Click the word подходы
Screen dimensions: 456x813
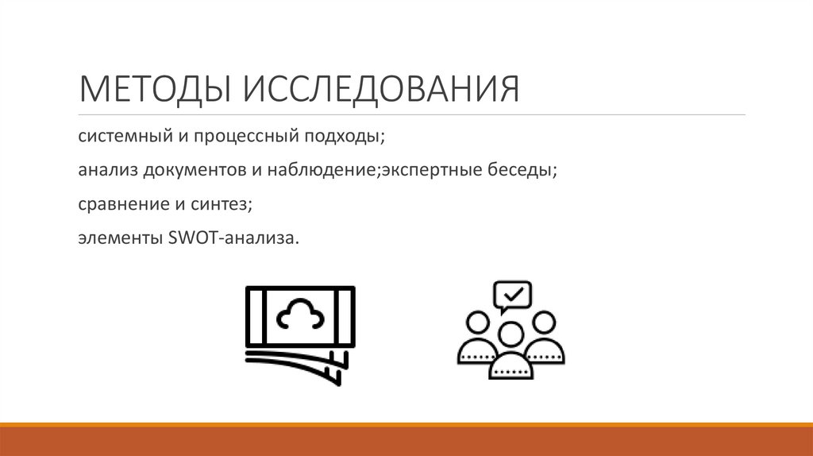[x=343, y=137]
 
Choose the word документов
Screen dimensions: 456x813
[x=195, y=171]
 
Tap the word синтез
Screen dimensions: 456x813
[x=222, y=204]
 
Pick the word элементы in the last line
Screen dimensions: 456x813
[x=119, y=238]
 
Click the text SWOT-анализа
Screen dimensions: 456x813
[x=235, y=238]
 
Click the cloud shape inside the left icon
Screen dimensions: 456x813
[x=300, y=316]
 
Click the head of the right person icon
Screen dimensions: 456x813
[x=545, y=323]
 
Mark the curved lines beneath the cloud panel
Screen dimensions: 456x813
[x=294, y=361]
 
